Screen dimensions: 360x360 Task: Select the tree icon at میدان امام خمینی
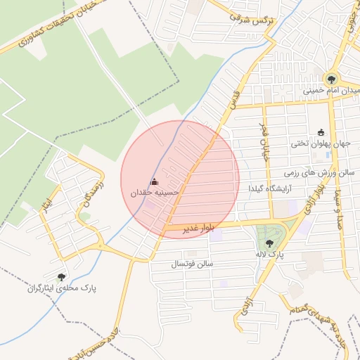[x=330, y=78]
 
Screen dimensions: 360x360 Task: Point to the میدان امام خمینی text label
[x=331, y=91]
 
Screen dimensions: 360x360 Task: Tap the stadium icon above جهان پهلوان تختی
[x=321, y=132]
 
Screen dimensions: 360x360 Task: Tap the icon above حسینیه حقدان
[x=154, y=181]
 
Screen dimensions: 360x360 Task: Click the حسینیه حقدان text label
[x=155, y=192]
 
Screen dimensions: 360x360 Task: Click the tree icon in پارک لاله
[x=269, y=243]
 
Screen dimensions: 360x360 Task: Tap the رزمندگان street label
[x=94, y=193]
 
